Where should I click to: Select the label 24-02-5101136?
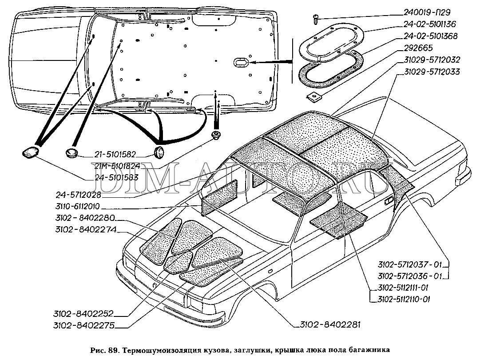[x=429, y=24]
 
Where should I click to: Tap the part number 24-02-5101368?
[x=429, y=36]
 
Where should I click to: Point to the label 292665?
[x=418, y=48]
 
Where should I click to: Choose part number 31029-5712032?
[x=432, y=59]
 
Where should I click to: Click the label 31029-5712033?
[x=432, y=71]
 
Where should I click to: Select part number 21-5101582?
[x=115, y=155]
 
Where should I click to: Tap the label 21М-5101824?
[x=115, y=166]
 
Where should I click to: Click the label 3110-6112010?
[x=78, y=206]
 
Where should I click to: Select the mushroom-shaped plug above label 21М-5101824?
[x=216, y=135]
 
